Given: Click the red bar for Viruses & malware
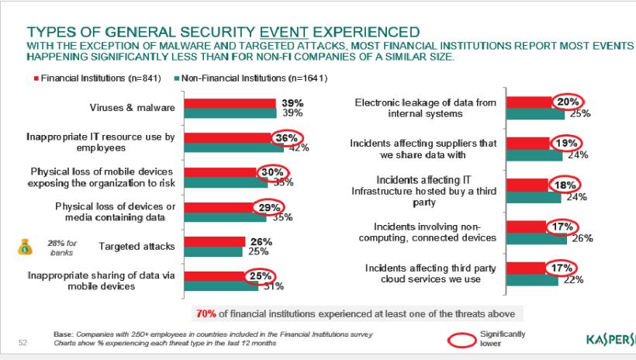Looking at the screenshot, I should (x=230, y=103).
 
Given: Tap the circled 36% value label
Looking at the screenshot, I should (x=270, y=138).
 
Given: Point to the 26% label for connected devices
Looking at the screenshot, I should (x=582, y=238).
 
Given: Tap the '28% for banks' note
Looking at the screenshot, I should (x=61, y=247).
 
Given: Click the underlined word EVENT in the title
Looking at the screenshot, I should (x=288, y=32).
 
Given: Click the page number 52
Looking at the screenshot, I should (x=22, y=341).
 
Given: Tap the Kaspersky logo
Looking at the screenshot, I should (x=610, y=339).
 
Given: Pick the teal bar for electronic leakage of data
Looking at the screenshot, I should (x=535, y=114).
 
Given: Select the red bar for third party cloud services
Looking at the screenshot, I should (x=527, y=268).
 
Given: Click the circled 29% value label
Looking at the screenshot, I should (x=269, y=207).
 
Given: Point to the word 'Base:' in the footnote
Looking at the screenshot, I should (x=63, y=334).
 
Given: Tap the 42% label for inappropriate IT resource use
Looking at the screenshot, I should (x=299, y=147).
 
